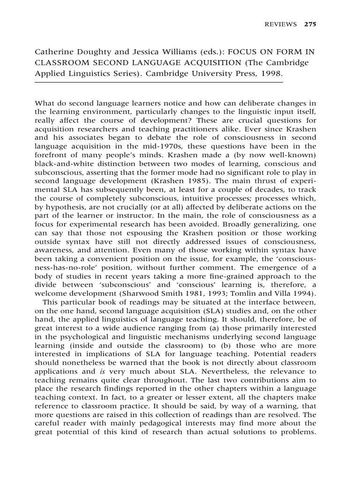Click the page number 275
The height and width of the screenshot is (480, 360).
pyautogui.click(x=310, y=25)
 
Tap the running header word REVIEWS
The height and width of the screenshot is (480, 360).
pyautogui.click(x=281, y=25)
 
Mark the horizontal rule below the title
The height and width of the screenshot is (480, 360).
pyautogui.click(x=159, y=82)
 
